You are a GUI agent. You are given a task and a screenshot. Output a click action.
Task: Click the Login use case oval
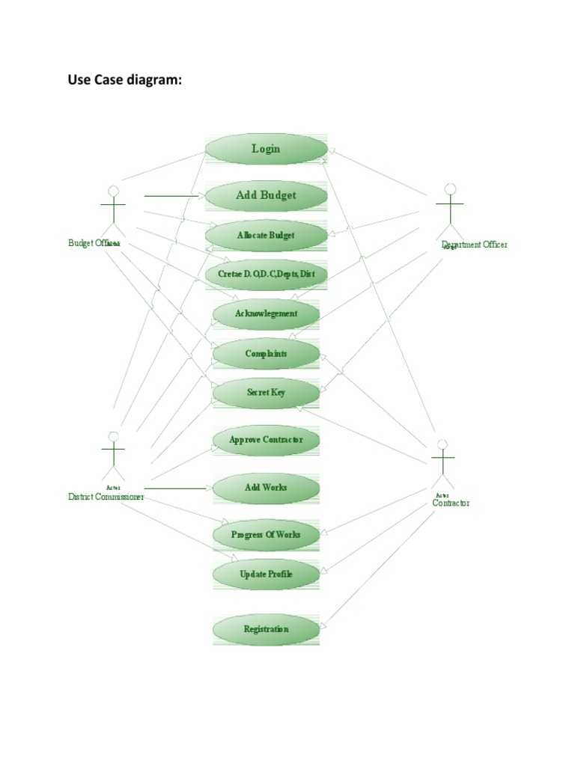click(266, 149)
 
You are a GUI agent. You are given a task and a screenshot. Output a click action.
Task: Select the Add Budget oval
click(266, 195)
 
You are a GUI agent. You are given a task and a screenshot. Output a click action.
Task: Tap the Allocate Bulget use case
click(266, 236)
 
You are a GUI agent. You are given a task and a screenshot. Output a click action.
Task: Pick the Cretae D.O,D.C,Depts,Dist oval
click(266, 275)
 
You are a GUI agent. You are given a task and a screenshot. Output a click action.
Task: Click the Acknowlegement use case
click(266, 314)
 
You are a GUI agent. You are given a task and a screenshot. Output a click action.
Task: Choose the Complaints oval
click(266, 354)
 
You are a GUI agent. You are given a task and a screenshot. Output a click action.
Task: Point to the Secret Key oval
click(266, 393)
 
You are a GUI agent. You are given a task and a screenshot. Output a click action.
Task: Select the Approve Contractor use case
click(266, 440)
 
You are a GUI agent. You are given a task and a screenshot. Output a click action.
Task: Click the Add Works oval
click(266, 488)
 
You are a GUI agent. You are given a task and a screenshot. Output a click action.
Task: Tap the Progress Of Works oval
click(266, 535)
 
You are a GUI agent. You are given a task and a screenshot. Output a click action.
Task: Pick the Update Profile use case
click(266, 574)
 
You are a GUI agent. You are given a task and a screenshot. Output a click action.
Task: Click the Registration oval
click(266, 629)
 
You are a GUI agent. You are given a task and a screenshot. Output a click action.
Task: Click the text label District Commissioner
click(106, 497)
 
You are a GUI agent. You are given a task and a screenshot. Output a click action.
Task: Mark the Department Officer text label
click(475, 245)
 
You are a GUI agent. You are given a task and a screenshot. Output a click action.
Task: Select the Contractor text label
click(451, 503)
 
